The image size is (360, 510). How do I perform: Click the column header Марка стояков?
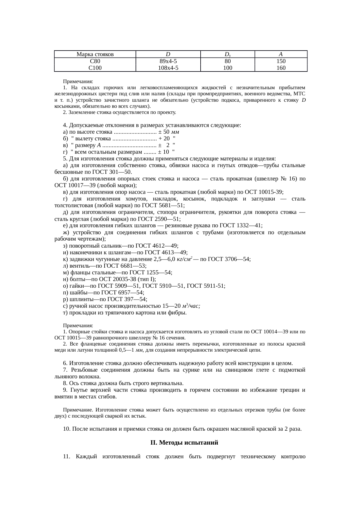pyautogui.click(x=95, y=54)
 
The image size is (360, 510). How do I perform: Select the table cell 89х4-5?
pyautogui.click(x=168, y=61)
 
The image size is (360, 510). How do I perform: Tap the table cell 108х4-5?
pyautogui.click(x=168, y=68)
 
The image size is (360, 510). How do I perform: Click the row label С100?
pyautogui.click(x=95, y=68)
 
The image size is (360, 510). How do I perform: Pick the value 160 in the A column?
pyautogui.click(x=281, y=68)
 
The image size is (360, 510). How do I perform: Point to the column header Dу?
pyautogui.click(x=228, y=54)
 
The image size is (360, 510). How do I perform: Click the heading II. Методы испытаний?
pyautogui.click(x=184, y=443)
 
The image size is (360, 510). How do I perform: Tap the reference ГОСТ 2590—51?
pyautogui.click(x=164, y=219)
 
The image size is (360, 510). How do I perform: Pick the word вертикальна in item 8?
pyautogui.click(x=167, y=383)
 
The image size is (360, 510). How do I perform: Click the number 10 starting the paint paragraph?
pyautogui.click(x=66, y=429)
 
